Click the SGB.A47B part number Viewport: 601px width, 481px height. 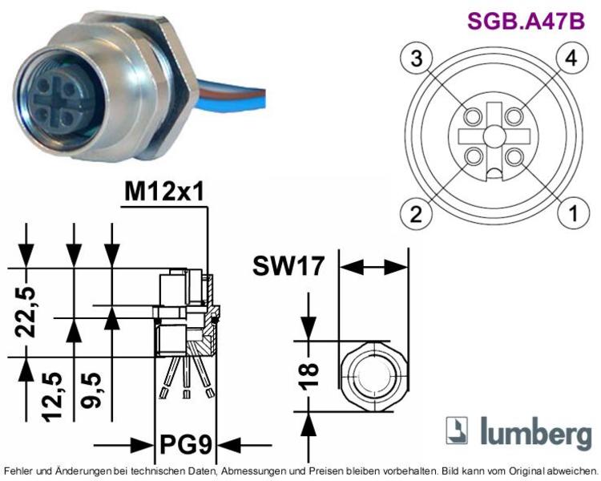pos(526,21)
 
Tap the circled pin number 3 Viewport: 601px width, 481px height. pos(417,59)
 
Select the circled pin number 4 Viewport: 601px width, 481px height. pos(572,59)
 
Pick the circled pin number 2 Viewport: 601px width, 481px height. pos(416,213)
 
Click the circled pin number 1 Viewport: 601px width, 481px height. pos(574,213)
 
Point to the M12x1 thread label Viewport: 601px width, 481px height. pos(164,192)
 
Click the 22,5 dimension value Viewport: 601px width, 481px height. pos(26,312)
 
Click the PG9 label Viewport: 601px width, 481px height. pos(186,445)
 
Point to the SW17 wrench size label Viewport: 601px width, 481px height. pos(288,266)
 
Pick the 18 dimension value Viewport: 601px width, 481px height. pos(309,376)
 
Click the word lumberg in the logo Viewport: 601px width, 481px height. pos(536,432)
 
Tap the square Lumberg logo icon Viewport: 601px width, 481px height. pos(457,430)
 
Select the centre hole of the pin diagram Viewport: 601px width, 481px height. pos(494,135)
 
